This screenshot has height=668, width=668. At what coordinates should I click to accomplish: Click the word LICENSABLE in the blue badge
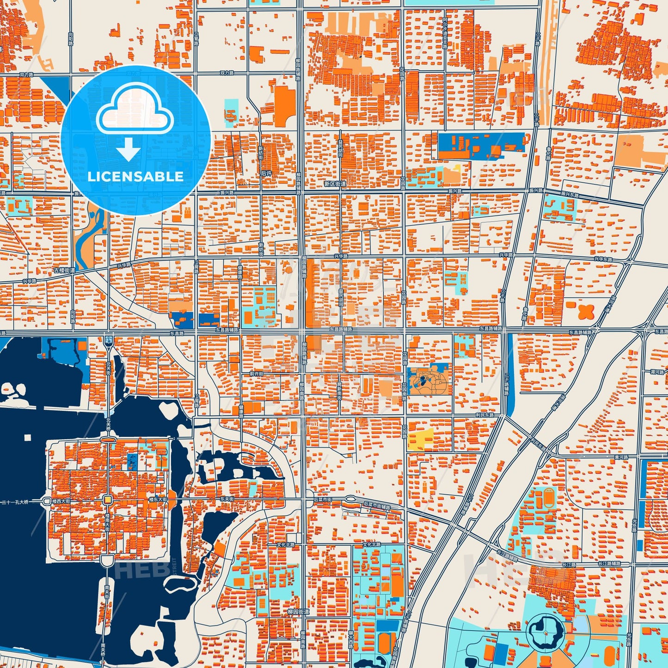click(135, 177)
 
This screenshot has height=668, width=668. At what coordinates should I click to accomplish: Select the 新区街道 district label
click(335, 184)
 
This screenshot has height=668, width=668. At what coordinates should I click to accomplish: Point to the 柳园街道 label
click(298, 612)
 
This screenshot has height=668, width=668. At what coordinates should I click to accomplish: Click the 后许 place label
click(266, 173)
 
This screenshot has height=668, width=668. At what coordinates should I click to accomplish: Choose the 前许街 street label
click(256, 374)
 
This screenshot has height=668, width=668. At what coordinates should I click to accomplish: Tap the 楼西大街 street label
click(61, 501)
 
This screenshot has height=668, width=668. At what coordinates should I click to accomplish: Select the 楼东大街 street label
click(158, 499)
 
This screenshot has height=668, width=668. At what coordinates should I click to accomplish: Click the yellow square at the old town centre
click(107, 500)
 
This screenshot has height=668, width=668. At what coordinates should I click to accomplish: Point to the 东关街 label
click(227, 499)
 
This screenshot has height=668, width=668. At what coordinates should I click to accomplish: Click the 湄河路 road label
click(657, 371)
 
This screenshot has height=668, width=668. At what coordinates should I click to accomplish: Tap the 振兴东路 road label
click(570, 194)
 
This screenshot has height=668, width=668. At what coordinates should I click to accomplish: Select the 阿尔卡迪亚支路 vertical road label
click(445, 35)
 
